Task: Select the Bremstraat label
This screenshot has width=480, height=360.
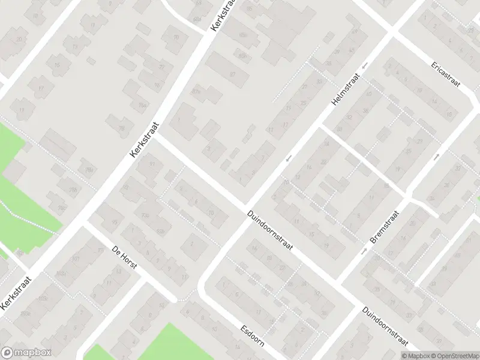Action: pos(385,227)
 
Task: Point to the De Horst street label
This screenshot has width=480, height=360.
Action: pos(125,257)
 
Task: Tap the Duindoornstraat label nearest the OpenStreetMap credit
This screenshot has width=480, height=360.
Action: pos(385,327)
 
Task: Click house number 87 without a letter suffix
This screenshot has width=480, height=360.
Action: pos(232,74)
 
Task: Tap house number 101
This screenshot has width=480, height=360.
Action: pos(76,260)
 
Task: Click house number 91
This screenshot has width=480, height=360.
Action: pos(152,163)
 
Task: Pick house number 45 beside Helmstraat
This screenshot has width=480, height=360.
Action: pos(352,50)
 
